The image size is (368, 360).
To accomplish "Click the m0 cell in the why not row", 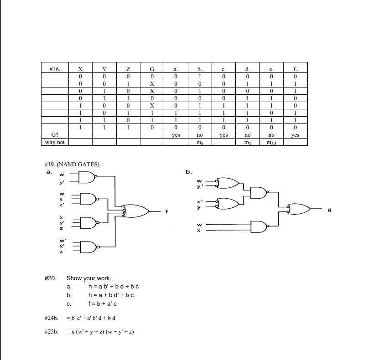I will point(199,143).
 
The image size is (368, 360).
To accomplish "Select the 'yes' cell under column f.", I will point(295,135).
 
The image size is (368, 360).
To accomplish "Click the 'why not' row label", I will point(54,142).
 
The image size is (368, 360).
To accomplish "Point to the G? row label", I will point(54,135).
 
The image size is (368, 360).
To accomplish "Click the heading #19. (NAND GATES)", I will point(72,164).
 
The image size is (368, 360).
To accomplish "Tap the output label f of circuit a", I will point(167,211).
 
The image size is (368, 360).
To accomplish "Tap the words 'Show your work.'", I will point(89,278).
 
